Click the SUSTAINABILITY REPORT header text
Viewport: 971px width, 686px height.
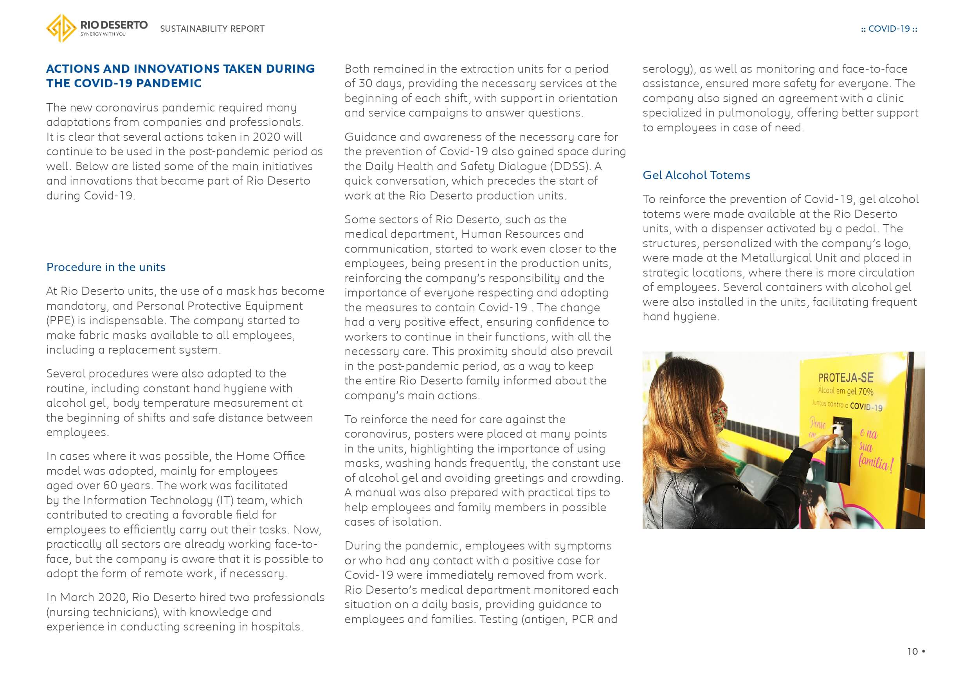212,29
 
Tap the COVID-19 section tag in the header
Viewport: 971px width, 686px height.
889,29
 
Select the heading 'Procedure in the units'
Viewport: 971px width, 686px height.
106,267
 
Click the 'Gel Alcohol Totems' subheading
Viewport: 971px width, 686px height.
696,175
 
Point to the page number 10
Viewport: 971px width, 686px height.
912,651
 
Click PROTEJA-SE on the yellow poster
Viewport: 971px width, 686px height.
846,377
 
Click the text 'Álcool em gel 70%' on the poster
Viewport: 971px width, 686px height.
845,391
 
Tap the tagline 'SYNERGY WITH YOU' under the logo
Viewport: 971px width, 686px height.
103,34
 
